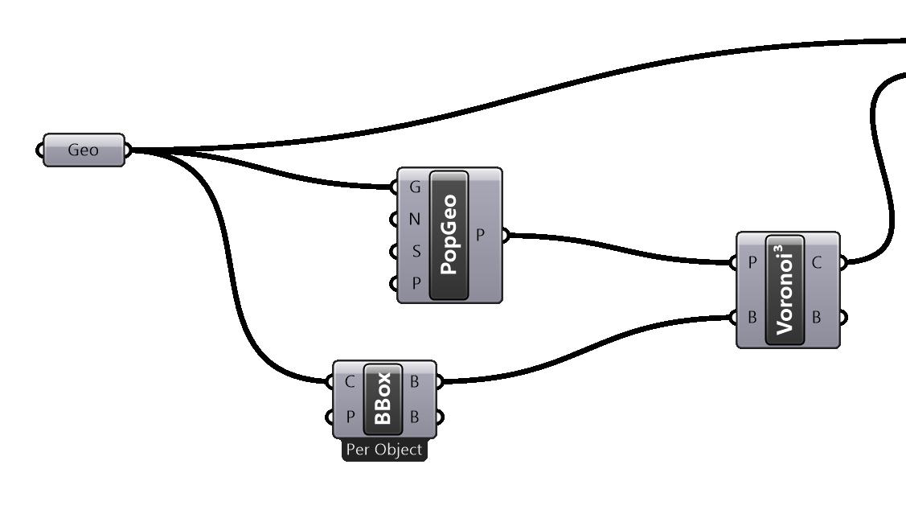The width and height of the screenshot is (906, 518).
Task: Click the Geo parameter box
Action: pyautogui.click(x=84, y=150)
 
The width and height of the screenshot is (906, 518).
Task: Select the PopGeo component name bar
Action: pyautogui.click(x=449, y=235)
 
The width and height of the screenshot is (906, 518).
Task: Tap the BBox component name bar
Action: pyautogui.click(x=383, y=399)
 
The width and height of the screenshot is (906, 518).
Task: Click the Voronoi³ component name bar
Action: pyautogui.click(x=785, y=290)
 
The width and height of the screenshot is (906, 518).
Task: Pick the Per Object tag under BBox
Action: pyautogui.click(x=384, y=450)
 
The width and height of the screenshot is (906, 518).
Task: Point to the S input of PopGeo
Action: pyautogui.click(x=416, y=252)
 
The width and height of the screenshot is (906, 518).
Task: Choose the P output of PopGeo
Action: pyautogui.click(x=481, y=236)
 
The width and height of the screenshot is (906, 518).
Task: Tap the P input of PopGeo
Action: pyautogui.click(x=416, y=284)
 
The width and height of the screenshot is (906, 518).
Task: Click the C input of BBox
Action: pyautogui.click(x=350, y=381)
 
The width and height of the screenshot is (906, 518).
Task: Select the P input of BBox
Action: pyautogui.click(x=350, y=417)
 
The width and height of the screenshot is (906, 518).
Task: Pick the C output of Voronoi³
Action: pyautogui.click(x=818, y=262)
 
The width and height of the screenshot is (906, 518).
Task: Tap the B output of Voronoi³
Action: pyautogui.click(x=818, y=317)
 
